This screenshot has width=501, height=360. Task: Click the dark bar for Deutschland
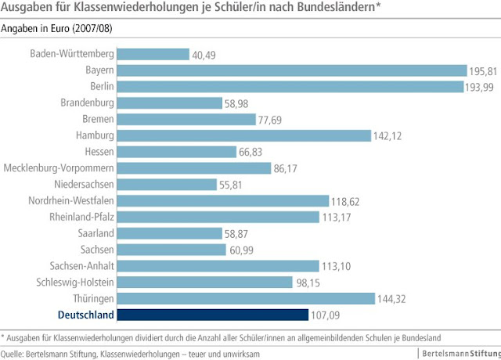coord(213,315)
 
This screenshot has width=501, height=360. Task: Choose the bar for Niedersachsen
coord(168,185)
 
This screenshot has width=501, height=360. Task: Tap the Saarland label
coord(94,233)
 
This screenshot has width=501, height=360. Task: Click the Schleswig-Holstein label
coord(76,282)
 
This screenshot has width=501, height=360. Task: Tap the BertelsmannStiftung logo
coord(457,353)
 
